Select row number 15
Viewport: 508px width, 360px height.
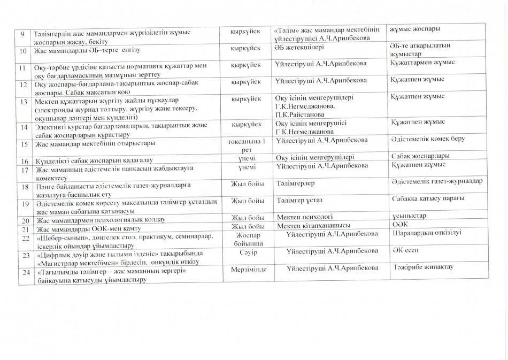[x=23, y=144]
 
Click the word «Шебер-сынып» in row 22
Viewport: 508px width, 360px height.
[x=56, y=236]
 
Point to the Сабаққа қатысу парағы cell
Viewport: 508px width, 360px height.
[x=427, y=198]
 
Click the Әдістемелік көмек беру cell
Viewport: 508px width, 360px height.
[x=427, y=139]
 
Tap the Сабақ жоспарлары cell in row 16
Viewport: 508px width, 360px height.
[x=420, y=156]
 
